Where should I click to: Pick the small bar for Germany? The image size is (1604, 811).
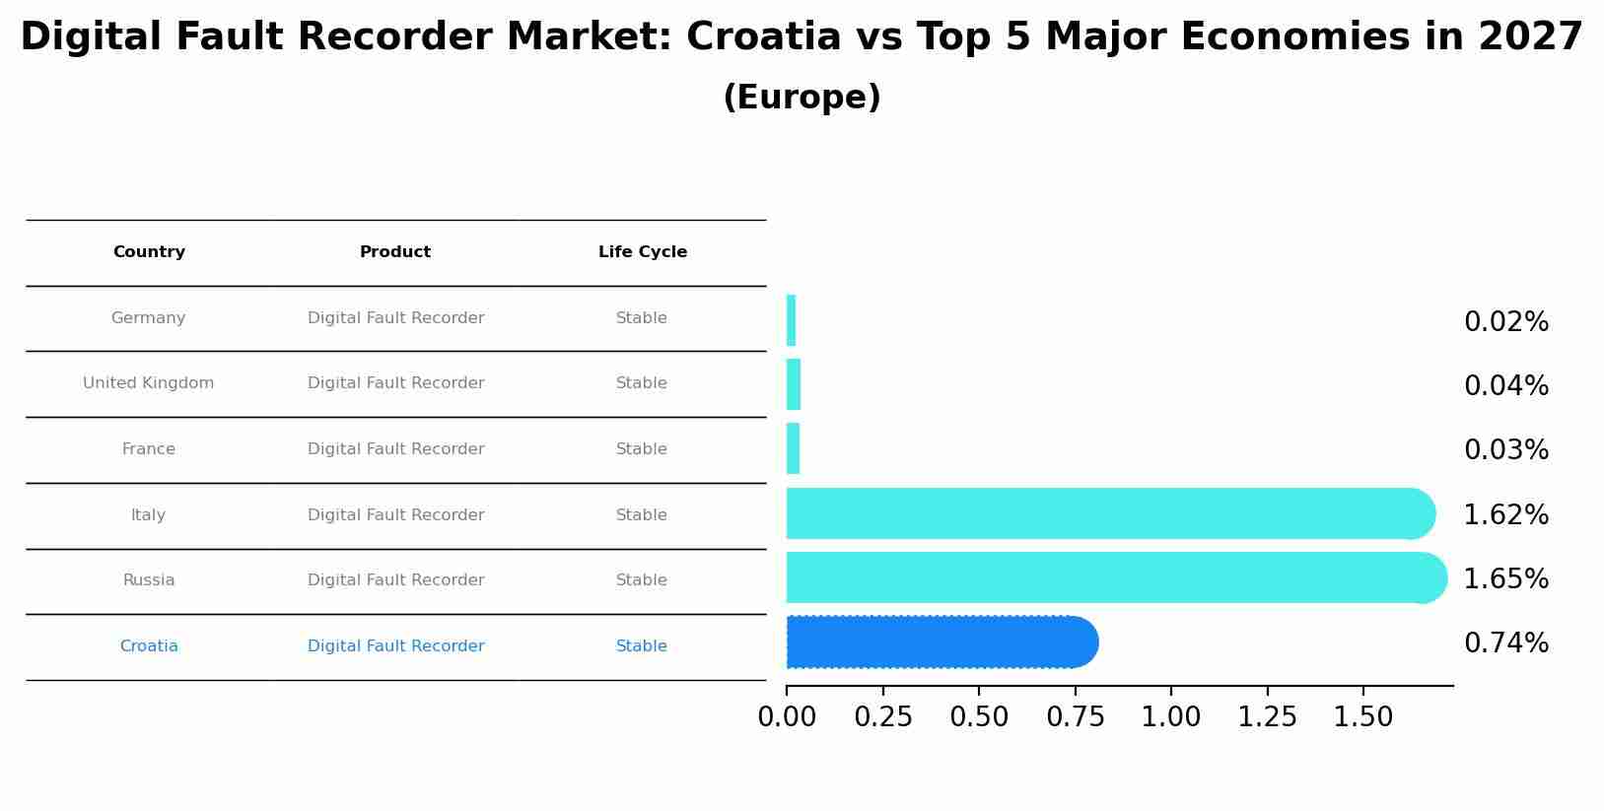pyautogui.click(x=792, y=321)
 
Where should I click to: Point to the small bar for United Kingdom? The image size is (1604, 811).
pyautogui.click(x=794, y=385)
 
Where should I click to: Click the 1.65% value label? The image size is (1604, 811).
pyautogui.click(x=1505, y=579)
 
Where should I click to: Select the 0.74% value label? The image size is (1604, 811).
pyautogui.click(x=1505, y=643)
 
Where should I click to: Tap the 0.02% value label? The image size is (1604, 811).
pyautogui.click(x=1505, y=322)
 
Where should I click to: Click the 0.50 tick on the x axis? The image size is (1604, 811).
pyautogui.click(x=979, y=717)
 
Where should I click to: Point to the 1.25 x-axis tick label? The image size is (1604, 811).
pyautogui.click(x=1267, y=717)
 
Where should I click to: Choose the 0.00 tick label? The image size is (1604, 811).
pyautogui.click(x=787, y=717)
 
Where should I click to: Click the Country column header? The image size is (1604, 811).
pyautogui.click(x=149, y=252)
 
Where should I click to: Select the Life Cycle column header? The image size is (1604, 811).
pyautogui.click(x=642, y=252)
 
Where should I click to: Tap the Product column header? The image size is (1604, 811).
pyautogui.click(x=395, y=252)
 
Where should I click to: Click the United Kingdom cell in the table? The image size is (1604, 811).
pyautogui.click(x=149, y=383)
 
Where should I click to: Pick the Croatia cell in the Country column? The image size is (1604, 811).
pyautogui.click(x=149, y=646)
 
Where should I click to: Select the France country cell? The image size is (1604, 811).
pyautogui.click(x=149, y=449)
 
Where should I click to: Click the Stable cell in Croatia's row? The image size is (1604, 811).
pyautogui.click(x=642, y=646)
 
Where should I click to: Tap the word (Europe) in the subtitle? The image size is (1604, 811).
pyautogui.click(x=802, y=98)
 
